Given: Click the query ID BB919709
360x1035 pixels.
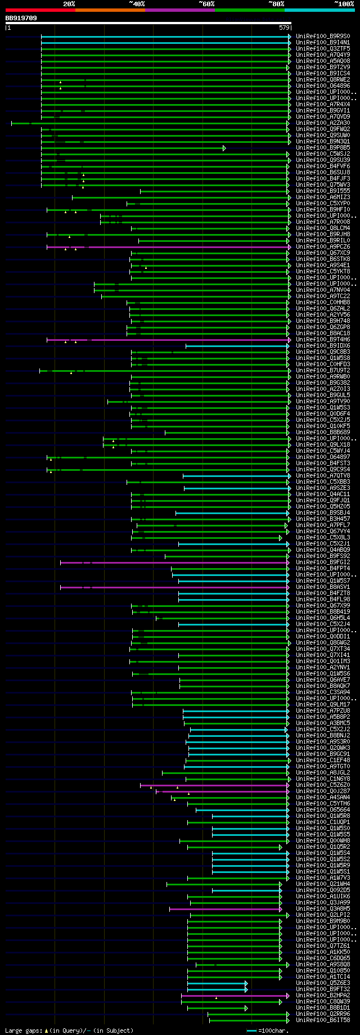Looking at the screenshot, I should click(x=21, y=18).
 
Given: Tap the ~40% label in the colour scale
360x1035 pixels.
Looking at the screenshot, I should click(x=137, y=4).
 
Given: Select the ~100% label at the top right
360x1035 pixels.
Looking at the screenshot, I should click(x=344, y=4).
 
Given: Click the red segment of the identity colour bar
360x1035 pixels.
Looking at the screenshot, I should click(x=40, y=10).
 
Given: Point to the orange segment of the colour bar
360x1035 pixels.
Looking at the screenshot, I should click(x=110, y=10).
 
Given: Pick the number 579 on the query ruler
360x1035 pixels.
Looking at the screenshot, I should click(x=284, y=28).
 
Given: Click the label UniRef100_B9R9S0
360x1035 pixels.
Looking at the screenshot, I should click(x=323, y=37).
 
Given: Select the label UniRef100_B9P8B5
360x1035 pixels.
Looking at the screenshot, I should click(x=323, y=148).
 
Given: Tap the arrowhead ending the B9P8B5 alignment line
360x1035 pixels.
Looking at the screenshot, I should click(x=224, y=148).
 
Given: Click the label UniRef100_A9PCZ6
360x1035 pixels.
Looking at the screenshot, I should click(x=323, y=247).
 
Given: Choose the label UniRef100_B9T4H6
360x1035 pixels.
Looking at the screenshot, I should click(x=323, y=340).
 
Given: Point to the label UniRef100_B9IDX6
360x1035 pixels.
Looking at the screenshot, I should click(x=323, y=346).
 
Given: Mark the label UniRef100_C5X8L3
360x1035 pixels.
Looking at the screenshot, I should click(x=323, y=538).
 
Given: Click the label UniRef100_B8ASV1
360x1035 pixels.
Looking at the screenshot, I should click(x=323, y=587).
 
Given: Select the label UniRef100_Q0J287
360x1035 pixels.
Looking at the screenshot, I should click(x=323, y=791).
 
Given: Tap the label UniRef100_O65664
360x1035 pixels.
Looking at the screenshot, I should click(x=323, y=810).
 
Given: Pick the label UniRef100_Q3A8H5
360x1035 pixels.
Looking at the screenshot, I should click(x=323, y=909).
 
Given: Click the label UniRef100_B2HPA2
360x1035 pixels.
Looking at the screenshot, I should click(x=323, y=996).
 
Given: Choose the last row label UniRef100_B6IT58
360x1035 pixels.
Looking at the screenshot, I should click(x=323, y=1020).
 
